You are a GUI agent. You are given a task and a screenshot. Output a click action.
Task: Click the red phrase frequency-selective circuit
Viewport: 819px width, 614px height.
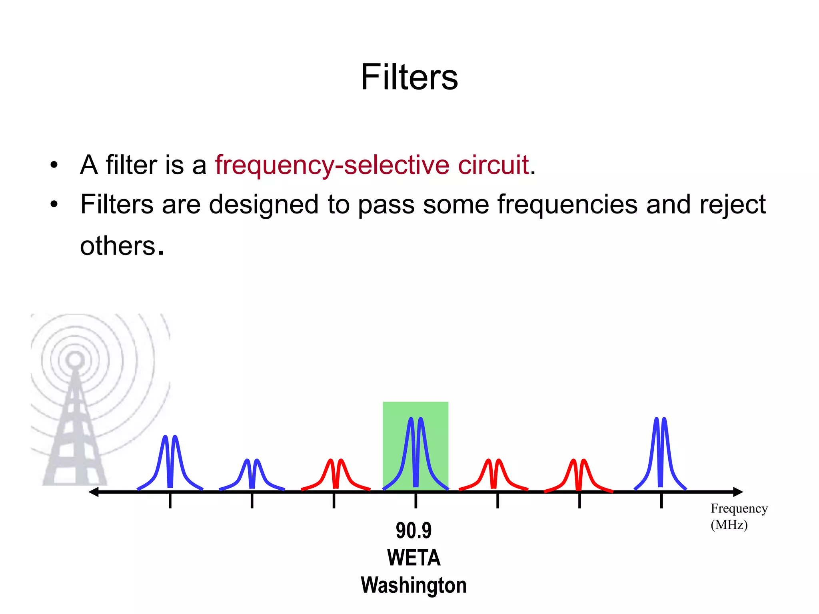(372, 165)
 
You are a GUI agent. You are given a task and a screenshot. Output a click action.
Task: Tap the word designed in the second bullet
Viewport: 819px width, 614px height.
(264, 205)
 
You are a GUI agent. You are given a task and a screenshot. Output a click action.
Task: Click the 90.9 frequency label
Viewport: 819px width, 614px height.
(413, 530)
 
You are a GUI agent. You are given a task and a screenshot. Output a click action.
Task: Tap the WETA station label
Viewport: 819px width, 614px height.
(413, 558)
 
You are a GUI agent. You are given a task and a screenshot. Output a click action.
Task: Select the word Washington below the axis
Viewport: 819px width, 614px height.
(413, 585)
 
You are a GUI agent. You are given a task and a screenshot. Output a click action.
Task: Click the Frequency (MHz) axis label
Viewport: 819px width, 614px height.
(739, 516)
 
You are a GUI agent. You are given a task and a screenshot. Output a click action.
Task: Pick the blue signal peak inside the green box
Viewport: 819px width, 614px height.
(415, 452)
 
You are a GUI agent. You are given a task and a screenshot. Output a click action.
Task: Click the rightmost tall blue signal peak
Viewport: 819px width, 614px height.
(660, 452)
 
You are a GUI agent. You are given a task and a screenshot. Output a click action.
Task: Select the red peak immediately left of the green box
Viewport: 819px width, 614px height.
(336, 474)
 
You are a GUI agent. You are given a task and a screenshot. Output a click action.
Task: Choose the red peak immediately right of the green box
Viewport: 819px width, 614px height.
(493, 474)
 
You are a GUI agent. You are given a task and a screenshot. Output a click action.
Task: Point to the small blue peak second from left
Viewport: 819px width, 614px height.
(252, 474)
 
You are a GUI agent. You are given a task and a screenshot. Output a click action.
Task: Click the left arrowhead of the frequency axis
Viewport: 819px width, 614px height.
(94, 492)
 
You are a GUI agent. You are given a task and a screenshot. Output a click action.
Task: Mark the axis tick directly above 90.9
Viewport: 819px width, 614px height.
(415, 500)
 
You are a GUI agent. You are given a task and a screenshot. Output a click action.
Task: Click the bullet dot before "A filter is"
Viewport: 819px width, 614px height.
(54, 165)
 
